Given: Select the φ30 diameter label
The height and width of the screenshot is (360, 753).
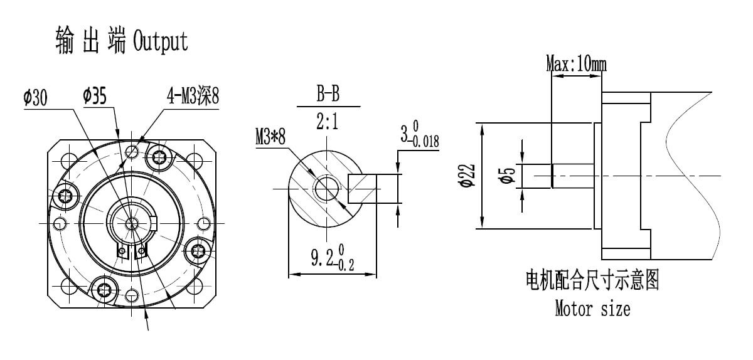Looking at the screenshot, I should [38, 98].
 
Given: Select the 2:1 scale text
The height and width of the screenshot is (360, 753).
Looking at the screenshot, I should [327, 122].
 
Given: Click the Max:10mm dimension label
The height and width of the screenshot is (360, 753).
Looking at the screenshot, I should [575, 63].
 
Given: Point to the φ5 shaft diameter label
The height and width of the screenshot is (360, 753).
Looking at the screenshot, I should [510, 176].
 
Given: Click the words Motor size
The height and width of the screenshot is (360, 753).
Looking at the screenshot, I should [592, 309].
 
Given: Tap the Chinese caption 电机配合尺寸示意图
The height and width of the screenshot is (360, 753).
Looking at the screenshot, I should [592, 282].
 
